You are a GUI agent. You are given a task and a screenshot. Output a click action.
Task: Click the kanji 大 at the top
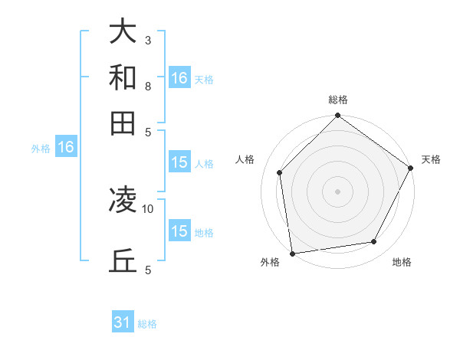click(x=123, y=32)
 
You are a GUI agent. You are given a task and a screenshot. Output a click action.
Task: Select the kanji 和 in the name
click(x=123, y=77)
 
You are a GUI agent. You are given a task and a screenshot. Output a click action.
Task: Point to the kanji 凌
click(x=123, y=201)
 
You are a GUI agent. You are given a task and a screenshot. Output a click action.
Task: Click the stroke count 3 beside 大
click(x=147, y=40)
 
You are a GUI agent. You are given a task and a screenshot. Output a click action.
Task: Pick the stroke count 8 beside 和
click(x=147, y=86)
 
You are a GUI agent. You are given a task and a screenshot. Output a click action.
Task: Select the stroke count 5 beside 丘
click(x=147, y=270)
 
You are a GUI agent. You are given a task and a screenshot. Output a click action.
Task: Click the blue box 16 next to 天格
click(x=179, y=78)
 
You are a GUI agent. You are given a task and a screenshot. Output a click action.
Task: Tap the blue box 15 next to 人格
click(x=179, y=162)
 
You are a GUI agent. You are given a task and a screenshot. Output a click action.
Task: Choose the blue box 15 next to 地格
click(x=179, y=231)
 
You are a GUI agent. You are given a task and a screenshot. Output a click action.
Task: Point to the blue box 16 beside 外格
click(x=66, y=148)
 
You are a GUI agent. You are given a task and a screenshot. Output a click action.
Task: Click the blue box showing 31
click(x=123, y=322)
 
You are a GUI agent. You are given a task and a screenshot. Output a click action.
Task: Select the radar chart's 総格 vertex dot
click(x=337, y=116)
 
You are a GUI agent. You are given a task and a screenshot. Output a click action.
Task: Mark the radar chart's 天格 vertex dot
click(x=411, y=168)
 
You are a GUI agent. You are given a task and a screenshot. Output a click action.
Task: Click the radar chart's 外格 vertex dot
click(x=292, y=254)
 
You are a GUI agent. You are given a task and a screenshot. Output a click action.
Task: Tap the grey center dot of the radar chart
click(x=337, y=191)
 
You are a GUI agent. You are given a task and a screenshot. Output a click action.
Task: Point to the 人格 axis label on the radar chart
click(x=245, y=159)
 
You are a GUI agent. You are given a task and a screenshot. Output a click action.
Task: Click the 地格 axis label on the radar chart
click(x=402, y=262)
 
